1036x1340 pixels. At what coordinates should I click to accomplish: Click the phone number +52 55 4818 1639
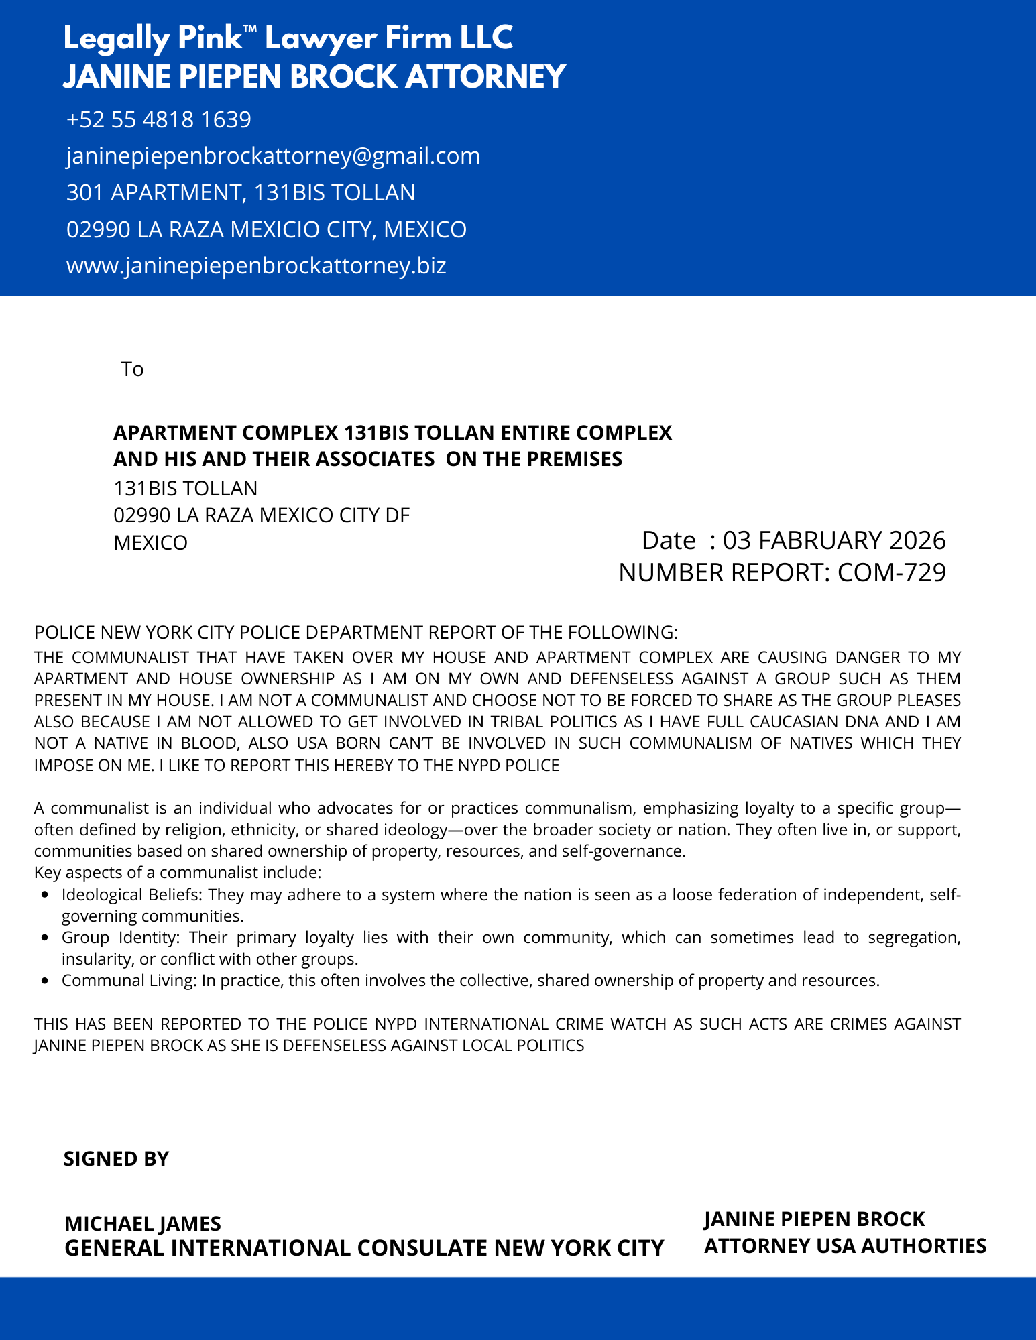pos(159,120)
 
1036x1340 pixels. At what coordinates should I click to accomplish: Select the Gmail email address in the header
pos(273,156)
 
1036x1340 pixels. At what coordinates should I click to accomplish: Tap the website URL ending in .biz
pos(256,266)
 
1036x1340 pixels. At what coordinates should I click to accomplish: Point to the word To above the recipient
pos(132,369)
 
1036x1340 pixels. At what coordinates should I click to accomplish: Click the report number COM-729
pos(892,573)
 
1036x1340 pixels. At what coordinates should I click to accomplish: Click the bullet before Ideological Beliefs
pos(44,895)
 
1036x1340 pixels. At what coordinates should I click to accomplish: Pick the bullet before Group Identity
pos(44,938)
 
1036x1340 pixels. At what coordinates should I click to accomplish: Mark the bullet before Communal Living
pos(44,981)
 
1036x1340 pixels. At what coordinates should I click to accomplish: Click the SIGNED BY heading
pos(116,1159)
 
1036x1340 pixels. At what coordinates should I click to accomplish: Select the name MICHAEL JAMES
pos(143,1224)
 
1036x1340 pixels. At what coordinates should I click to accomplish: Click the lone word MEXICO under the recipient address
pos(150,542)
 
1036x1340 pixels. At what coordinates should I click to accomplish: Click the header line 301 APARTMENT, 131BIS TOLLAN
pos(241,193)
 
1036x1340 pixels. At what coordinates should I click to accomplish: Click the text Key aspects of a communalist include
pos(178,873)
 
